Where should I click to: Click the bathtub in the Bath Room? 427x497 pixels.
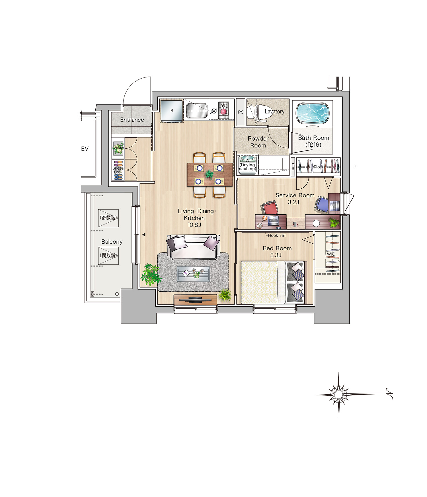[313, 113]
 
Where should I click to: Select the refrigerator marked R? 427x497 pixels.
[172, 111]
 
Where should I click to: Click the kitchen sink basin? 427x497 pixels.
[197, 111]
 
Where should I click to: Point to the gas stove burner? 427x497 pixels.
[223, 110]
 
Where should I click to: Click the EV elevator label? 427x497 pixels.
[85, 149]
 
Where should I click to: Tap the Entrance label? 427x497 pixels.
[132, 120]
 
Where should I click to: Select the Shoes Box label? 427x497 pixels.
[118, 170]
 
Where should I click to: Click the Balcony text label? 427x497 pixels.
[112, 242]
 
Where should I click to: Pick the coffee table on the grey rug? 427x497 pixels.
[194, 274]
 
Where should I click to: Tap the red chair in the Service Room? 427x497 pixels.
[270, 208]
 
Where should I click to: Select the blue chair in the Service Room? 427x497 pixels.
[322, 204]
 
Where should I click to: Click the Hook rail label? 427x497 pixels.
[277, 235]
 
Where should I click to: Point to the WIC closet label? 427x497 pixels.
[331, 254]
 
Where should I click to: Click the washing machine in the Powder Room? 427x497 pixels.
[248, 165]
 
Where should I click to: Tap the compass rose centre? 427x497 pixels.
[338, 395]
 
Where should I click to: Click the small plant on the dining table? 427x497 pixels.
[210, 174]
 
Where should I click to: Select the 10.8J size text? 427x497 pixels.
[194, 225]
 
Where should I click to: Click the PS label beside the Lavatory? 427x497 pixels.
[241, 112]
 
